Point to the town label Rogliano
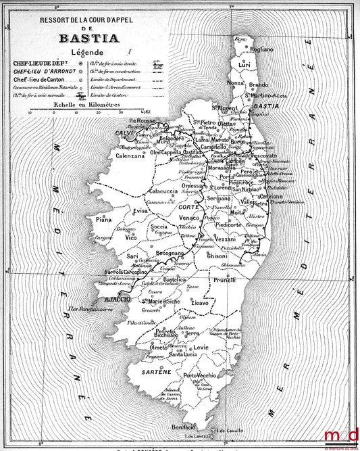click(260, 49)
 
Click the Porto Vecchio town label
click(200, 375)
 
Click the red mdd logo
click(342, 435)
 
